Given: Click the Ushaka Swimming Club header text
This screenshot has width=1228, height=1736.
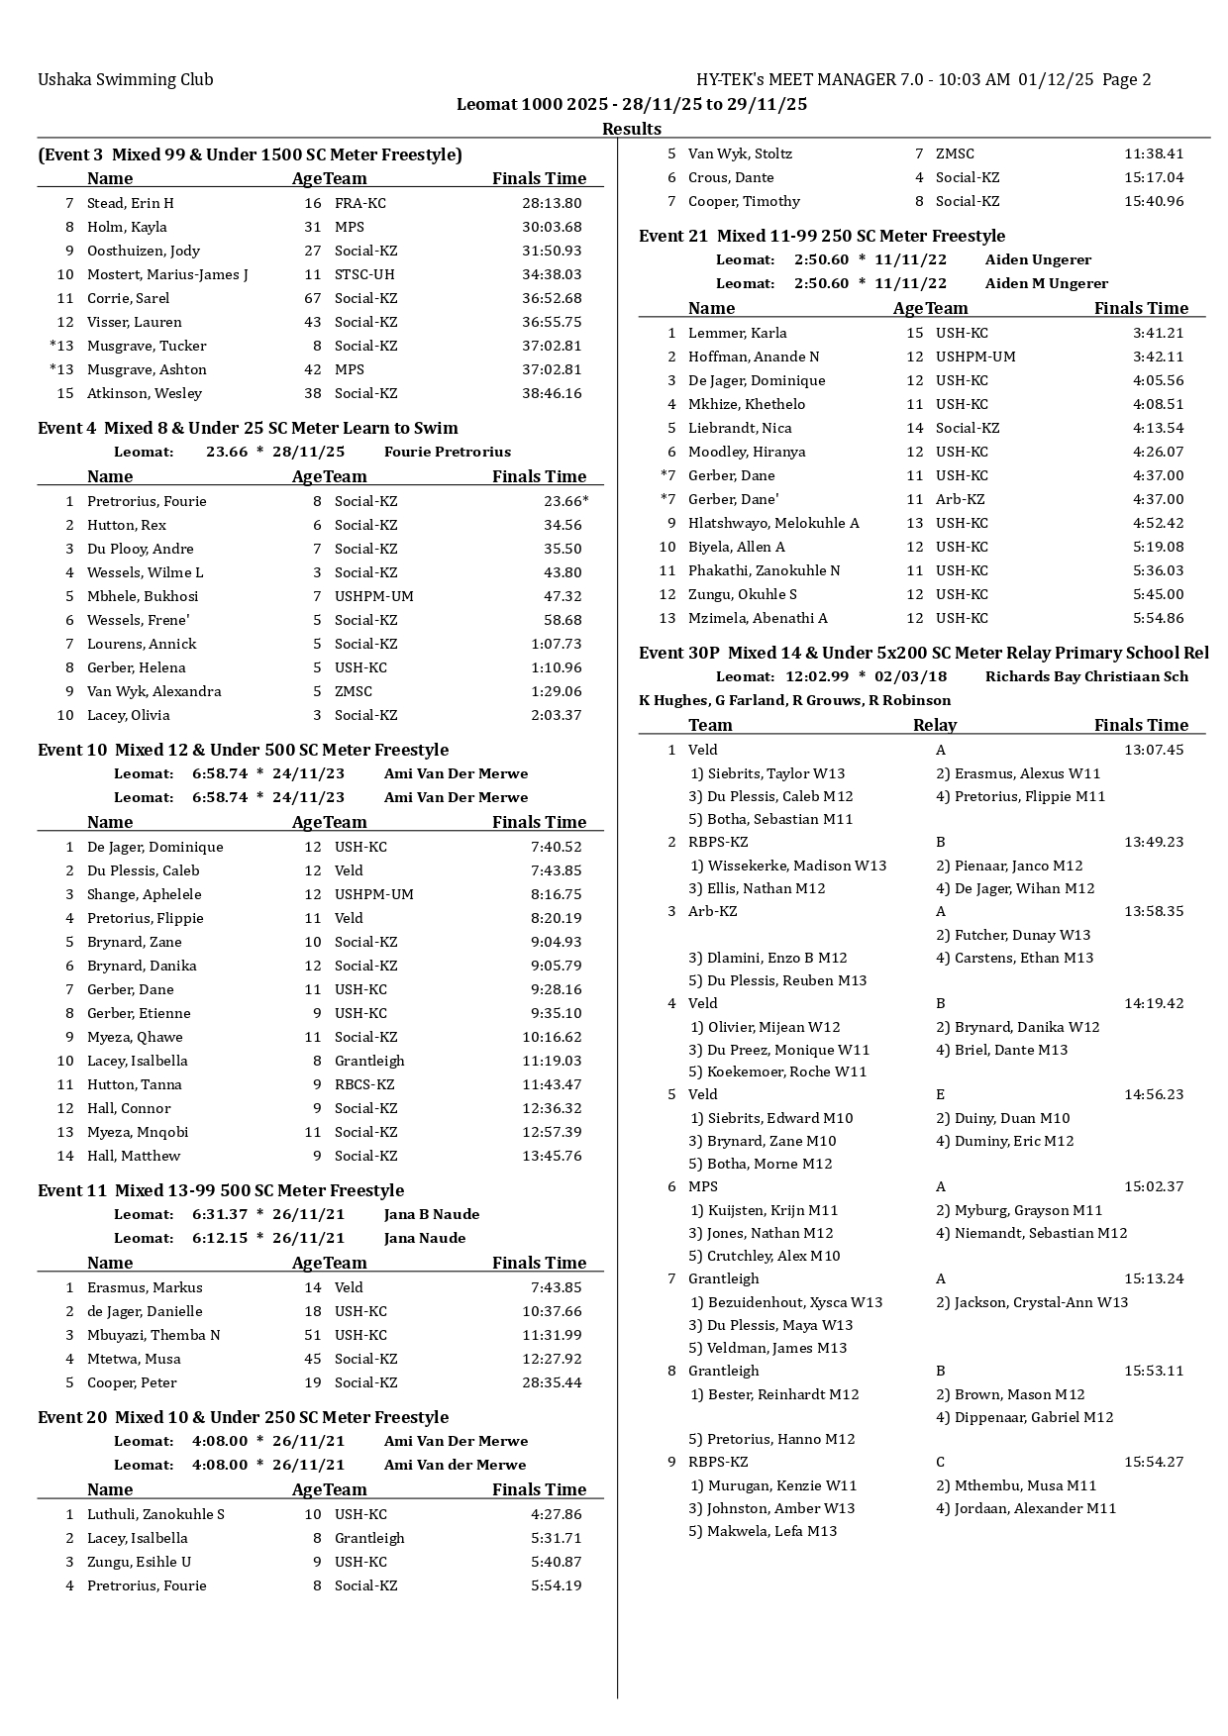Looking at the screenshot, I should [125, 80].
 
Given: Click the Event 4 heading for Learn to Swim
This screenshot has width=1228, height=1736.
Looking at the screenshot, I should [248, 428].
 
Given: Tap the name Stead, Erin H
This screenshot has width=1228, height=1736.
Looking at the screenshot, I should [130, 203].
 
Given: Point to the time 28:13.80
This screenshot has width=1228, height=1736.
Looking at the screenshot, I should [552, 203].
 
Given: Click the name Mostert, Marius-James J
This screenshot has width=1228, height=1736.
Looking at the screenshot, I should [167, 274].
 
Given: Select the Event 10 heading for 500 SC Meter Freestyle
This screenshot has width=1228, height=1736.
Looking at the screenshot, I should [243, 750].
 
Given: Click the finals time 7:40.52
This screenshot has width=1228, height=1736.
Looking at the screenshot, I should [556, 847].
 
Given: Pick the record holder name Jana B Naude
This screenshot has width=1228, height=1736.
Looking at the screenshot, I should [431, 1214].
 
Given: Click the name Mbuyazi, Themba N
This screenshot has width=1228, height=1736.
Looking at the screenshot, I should [153, 1335].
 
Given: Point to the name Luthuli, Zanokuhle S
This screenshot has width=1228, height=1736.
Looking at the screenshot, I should [155, 1514].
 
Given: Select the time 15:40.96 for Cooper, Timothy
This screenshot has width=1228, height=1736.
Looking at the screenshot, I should [1154, 201].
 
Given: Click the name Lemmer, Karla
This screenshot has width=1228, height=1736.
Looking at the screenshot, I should [738, 333].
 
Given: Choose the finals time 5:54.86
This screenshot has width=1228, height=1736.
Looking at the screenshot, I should [1158, 618].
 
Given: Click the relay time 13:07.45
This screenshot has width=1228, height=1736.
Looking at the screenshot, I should [1154, 750].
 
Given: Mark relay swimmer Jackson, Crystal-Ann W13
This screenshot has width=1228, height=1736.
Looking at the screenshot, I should [1032, 1302].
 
